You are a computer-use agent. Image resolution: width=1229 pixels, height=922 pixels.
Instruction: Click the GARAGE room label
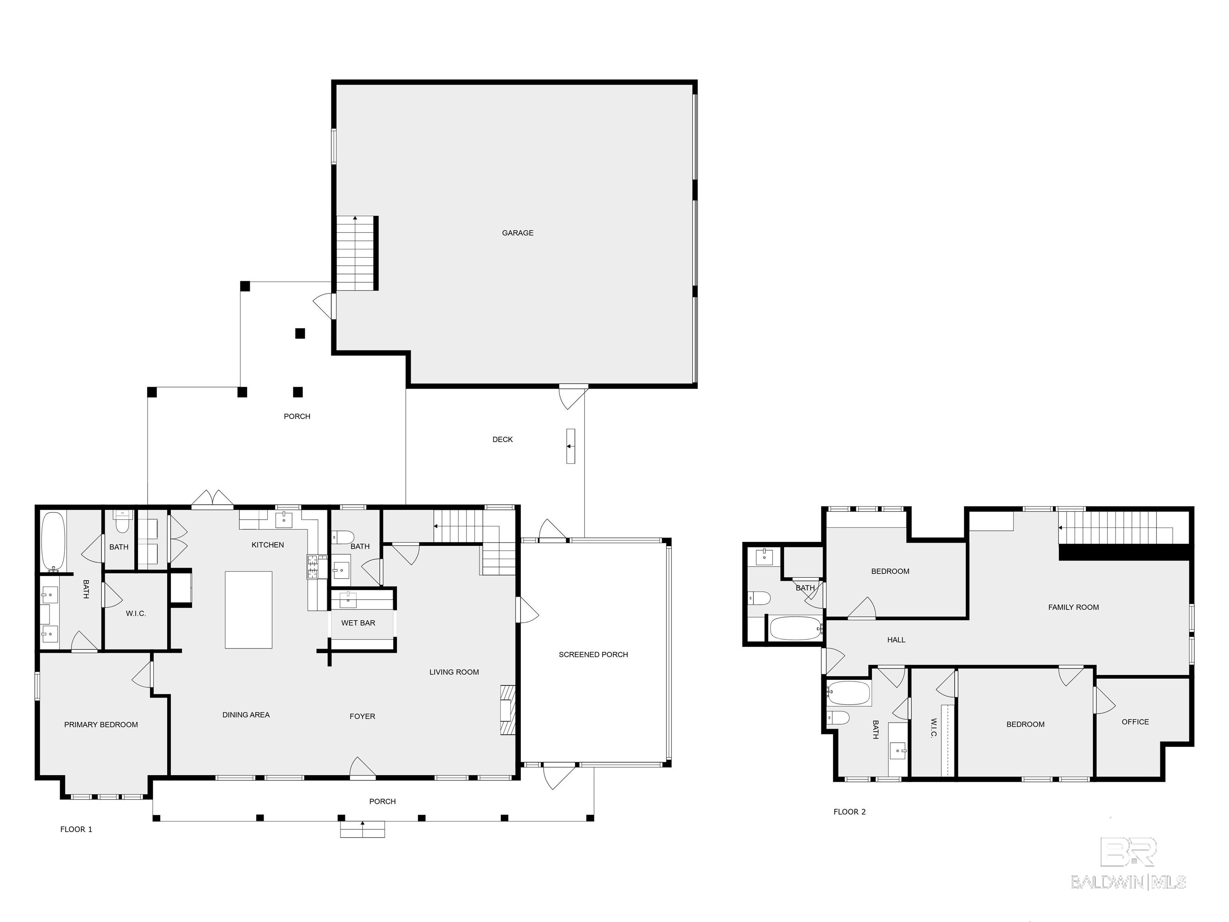(x=517, y=233)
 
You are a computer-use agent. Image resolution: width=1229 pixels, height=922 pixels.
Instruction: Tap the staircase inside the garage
(x=356, y=253)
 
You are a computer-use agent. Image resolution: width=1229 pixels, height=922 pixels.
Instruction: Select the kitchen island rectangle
(x=248, y=610)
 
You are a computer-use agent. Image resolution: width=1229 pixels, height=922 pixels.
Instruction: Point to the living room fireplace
(x=507, y=710)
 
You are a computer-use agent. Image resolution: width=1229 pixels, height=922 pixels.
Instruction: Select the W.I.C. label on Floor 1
(x=136, y=613)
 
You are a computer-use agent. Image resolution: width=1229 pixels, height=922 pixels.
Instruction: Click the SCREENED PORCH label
(x=593, y=655)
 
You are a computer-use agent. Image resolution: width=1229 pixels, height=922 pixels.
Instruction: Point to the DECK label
(x=502, y=440)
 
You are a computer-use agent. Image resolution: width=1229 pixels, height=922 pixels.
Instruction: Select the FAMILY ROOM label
(x=1073, y=607)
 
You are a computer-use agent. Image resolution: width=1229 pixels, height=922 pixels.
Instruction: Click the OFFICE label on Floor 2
(x=1135, y=722)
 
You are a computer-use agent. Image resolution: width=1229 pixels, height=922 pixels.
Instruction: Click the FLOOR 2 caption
(x=849, y=812)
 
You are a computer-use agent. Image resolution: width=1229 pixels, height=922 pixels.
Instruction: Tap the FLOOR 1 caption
(x=76, y=829)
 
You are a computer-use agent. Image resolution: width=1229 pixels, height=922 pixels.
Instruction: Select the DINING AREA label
(x=246, y=715)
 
